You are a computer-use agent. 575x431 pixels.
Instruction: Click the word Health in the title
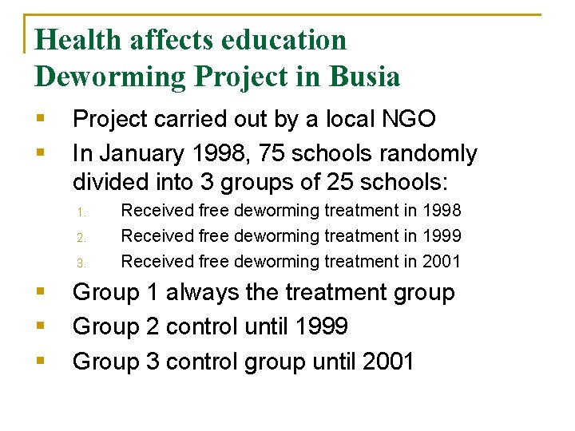point(77,40)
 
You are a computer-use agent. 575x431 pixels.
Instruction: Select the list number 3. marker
point(81,263)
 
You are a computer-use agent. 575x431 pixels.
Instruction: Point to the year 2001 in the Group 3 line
point(388,361)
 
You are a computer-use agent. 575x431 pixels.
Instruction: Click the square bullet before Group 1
point(40,292)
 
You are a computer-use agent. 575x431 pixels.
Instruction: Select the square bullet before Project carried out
point(40,119)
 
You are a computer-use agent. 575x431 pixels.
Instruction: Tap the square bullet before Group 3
point(40,361)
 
